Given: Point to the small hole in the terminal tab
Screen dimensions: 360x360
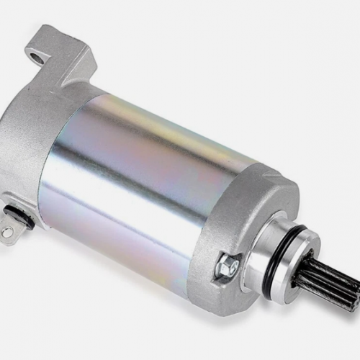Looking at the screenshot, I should coord(6,233).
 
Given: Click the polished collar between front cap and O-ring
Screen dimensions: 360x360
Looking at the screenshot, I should coord(277,248).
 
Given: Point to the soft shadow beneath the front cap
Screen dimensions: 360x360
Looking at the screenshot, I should coord(245,317).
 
